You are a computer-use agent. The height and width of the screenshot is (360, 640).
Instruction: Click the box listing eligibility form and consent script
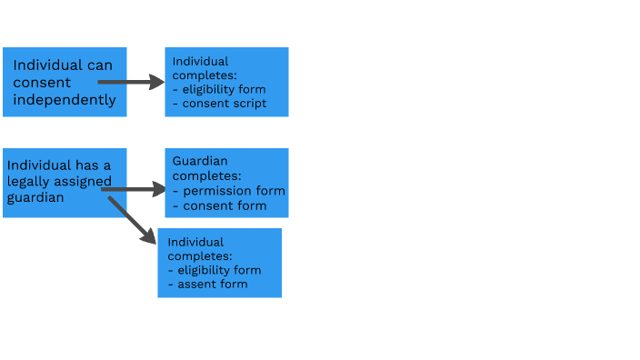point(226,82)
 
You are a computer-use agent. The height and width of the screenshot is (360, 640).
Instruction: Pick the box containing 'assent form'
point(219,263)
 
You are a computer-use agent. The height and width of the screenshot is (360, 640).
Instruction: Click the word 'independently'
point(65,100)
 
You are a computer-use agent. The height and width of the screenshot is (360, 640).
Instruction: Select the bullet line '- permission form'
point(228,191)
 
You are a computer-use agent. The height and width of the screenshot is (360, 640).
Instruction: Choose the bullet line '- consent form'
point(219,205)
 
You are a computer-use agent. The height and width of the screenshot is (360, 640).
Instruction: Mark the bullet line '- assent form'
point(208,285)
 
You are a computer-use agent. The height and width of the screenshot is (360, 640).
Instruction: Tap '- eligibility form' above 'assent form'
point(215,270)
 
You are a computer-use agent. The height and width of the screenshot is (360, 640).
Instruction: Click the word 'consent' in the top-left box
point(42,83)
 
